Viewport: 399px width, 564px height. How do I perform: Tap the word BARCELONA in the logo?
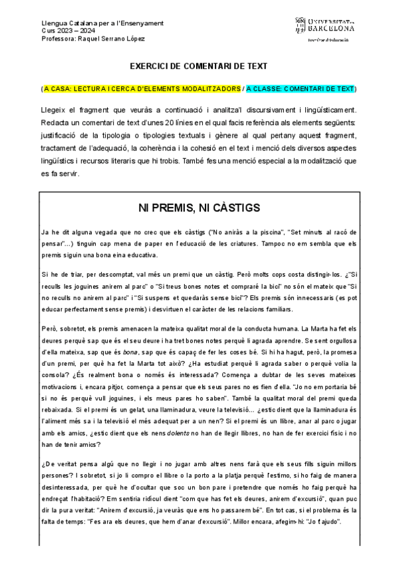pyautogui.click(x=331, y=29)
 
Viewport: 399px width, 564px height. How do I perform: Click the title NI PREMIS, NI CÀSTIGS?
pyautogui.click(x=199, y=208)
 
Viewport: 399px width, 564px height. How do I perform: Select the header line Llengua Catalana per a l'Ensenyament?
pyautogui.click(x=93, y=23)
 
